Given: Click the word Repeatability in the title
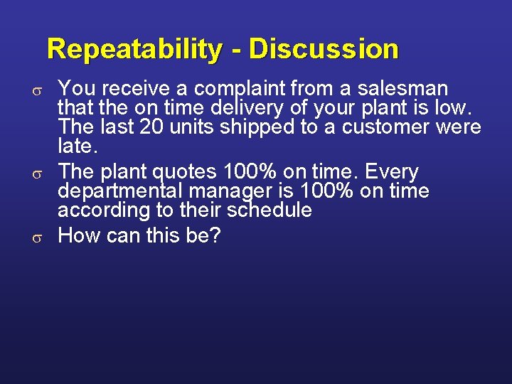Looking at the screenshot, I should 134,49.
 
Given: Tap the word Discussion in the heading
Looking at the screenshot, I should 324,49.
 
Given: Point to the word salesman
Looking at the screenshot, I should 405,89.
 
